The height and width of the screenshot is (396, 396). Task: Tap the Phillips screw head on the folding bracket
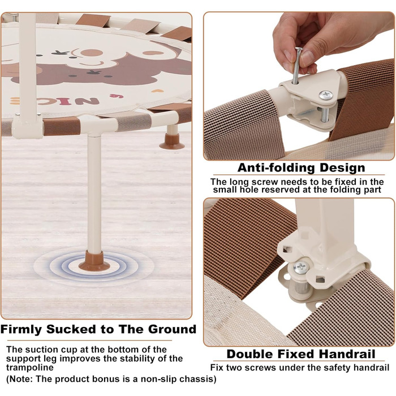pos(325,95)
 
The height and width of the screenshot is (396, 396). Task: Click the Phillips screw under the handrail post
pos(300,267)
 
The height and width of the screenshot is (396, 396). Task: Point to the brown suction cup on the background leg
pos(172,141)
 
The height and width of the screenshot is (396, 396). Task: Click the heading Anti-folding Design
pos(302,167)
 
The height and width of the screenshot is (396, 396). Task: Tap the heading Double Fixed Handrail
pos(301,354)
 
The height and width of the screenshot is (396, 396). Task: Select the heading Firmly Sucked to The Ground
pos(98,329)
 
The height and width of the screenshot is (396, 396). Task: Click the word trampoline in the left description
pos(30,368)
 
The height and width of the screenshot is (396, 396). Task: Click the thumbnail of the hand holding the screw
pos(299,86)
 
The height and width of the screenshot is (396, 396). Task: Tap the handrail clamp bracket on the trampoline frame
pos(28,126)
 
